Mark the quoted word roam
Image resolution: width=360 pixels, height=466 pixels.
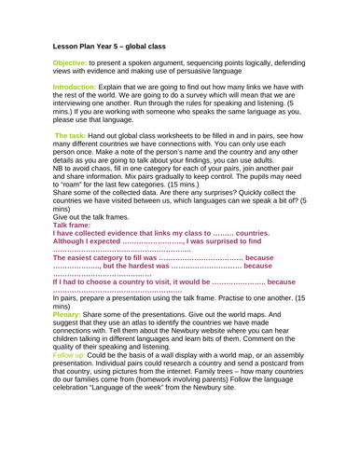74,212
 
